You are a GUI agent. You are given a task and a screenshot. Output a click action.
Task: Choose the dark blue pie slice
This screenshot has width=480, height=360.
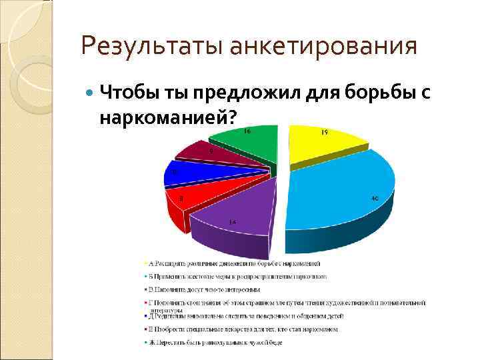tap(193, 174)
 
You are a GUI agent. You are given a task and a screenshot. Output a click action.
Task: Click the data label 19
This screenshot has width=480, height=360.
tap(324, 133)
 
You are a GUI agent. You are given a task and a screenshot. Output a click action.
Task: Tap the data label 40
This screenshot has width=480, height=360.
tap(375, 198)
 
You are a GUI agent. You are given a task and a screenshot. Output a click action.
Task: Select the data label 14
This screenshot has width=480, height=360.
tap(232, 221)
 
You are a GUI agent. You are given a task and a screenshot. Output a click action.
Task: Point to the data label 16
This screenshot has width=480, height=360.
tap(247, 131)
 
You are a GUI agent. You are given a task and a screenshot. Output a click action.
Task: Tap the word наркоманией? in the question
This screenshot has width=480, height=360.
tap(167, 117)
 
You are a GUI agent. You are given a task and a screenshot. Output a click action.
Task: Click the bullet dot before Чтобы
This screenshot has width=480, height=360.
tap(90, 92)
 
